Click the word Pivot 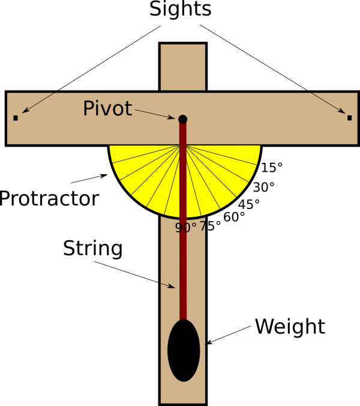(x=107, y=109)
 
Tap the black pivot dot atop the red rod (x=182, y=119)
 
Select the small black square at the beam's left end (x=16, y=118)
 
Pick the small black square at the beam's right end (x=349, y=118)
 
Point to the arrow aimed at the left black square (x=37, y=103)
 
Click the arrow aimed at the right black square (x=328, y=103)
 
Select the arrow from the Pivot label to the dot (x=155, y=114)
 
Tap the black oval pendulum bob (x=184, y=351)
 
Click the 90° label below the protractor (x=186, y=228)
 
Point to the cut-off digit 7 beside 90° (x=202, y=227)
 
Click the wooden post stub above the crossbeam (x=183, y=67)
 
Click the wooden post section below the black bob (x=183, y=393)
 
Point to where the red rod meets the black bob (x=183, y=320)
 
